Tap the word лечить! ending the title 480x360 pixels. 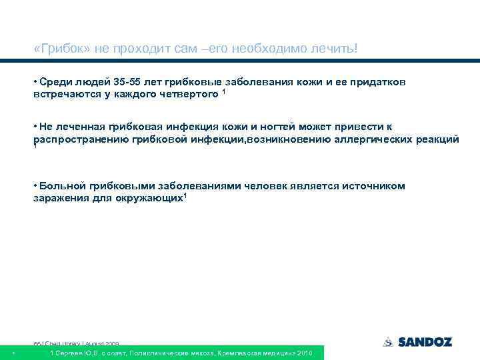click(337, 50)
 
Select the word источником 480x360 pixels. click(375, 186)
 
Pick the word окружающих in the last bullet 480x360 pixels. click(149, 199)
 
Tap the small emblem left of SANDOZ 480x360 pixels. click(389, 342)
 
